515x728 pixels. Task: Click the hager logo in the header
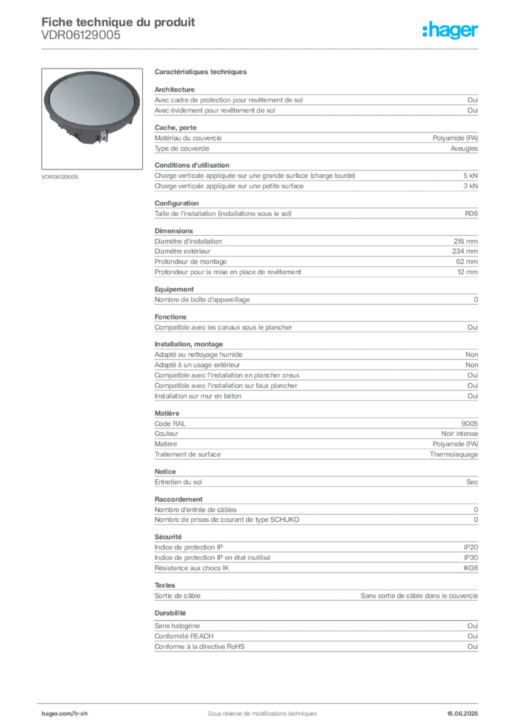[x=450, y=30]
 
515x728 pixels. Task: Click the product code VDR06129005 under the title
[x=81, y=36]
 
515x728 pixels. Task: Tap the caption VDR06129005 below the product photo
[x=60, y=177]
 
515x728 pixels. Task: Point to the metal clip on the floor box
[x=103, y=136]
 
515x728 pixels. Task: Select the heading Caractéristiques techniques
[x=201, y=72]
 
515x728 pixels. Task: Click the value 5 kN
[x=470, y=176]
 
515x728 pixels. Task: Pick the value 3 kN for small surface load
[x=470, y=186]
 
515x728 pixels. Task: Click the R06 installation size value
[x=472, y=213]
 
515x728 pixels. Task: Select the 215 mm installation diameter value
[x=466, y=241]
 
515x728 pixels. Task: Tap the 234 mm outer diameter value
[x=465, y=251]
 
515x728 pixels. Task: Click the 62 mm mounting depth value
[x=467, y=262]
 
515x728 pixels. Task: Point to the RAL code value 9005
[x=469, y=424]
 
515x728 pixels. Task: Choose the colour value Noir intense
[x=460, y=434]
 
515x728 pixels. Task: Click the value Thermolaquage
[x=454, y=454]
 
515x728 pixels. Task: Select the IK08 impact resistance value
[x=470, y=568]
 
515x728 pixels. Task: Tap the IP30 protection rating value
[x=471, y=557]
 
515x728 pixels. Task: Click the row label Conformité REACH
[x=184, y=636]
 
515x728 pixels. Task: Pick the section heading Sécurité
[x=168, y=537]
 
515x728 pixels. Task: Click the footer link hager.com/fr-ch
[x=65, y=714]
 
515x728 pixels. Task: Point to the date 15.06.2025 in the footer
[x=462, y=714]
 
